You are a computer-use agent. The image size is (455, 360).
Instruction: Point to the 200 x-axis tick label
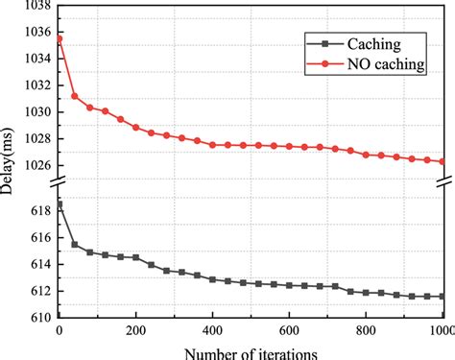(136, 331)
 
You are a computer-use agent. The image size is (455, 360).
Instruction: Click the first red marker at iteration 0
(60, 38)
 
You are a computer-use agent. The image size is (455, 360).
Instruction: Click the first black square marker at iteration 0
(60, 204)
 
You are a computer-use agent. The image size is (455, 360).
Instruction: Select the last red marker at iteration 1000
(443, 161)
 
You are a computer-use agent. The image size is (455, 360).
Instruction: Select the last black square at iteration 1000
(443, 297)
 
